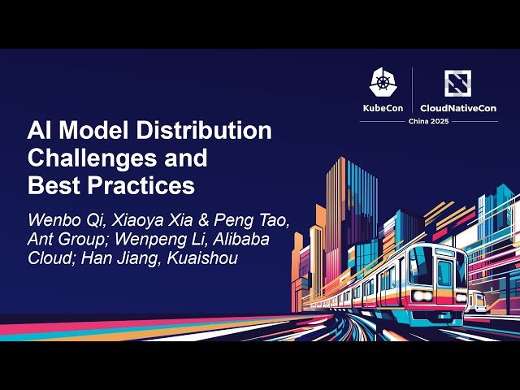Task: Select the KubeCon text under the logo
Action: pyautogui.click(x=383, y=108)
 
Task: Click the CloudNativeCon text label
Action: pyautogui.click(x=459, y=108)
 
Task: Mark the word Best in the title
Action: pyautogui.click(x=52, y=185)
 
